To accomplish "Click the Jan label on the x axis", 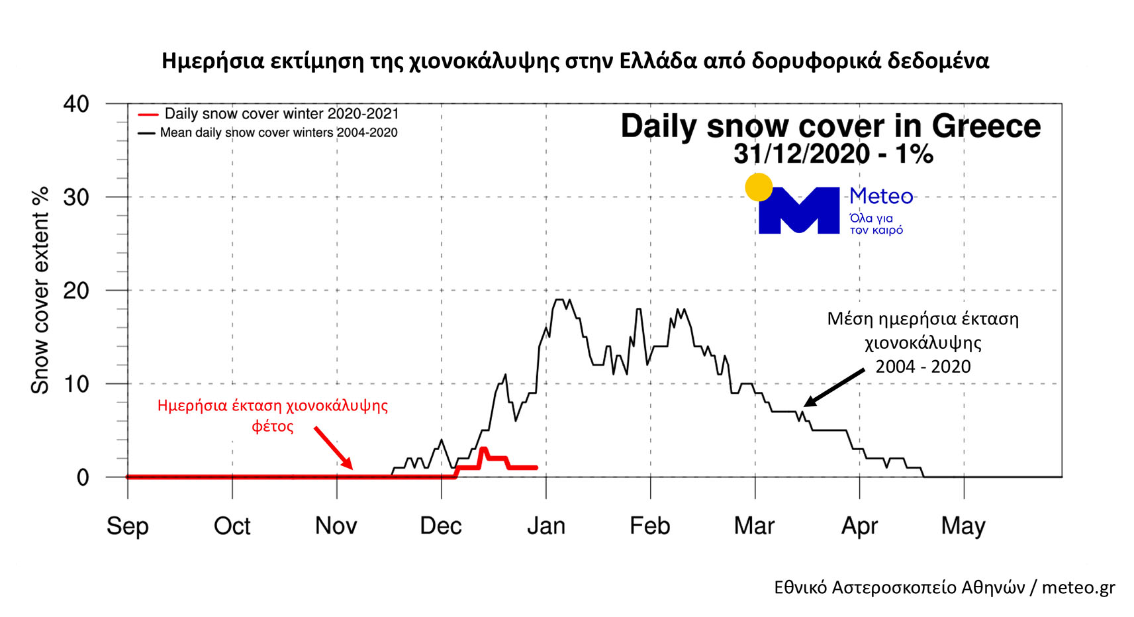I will tap(546, 526).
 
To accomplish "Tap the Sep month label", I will tap(128, 526).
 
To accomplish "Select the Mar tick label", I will tap(754, 526).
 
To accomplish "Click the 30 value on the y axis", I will tap(76, 197).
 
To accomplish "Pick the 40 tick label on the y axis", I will tap(76, 104).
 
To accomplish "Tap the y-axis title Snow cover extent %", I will tap(40, 290).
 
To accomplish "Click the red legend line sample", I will tap(147, 115).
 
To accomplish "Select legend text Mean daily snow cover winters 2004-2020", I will tap(279, 132).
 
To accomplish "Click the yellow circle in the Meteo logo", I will tap(759, 187).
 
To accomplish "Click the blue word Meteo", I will tap(881, 197).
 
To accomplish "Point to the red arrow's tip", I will tap(351, 467).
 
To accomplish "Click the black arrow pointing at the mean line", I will tap(834, 388).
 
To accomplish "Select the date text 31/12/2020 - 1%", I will tap(833, 154).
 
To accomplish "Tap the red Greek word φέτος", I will tap(272, 426).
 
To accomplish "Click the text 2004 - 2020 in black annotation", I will tap(923, 367).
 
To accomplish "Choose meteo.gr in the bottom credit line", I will tap(1078, 587).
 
